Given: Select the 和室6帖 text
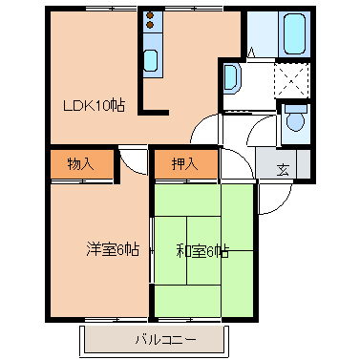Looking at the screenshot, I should click(x=201, y=251).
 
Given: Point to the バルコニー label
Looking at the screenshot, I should click(x=159, y=339).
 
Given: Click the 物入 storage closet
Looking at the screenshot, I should click(x=81, y=163).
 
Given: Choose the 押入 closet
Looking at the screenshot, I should click(x=185, y=163).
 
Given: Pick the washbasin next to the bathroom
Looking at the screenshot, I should click(x=231, y=79).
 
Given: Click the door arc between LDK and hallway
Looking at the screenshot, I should click(x=204, y=132).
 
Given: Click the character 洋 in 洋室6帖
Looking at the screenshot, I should click(x=94, y=250).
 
